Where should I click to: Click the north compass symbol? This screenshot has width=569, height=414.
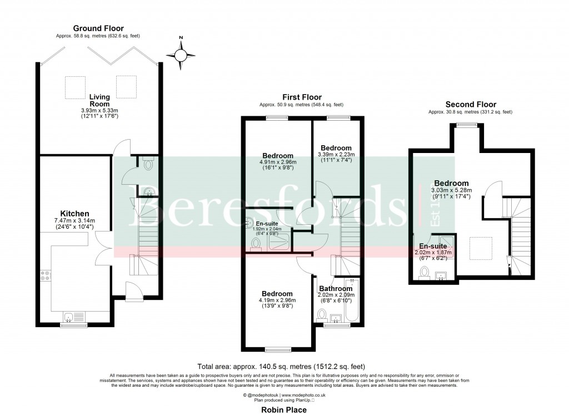point(182,55)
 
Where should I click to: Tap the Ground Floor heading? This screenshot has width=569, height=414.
point(98,28)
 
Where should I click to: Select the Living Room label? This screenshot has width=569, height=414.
point(99,100)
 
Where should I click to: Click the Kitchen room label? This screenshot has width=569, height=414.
point(75,214)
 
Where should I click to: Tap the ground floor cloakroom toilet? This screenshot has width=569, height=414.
point(148,164)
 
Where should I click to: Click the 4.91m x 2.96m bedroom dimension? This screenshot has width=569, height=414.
point(278,162)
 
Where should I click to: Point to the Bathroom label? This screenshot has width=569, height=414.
point(335,289)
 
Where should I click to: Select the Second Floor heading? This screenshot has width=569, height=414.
point(470,104)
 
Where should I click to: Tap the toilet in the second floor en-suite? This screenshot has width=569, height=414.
point(425,272)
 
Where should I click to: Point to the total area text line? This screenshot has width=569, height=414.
point(281,367)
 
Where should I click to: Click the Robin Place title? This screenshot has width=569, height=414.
point(283,409)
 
